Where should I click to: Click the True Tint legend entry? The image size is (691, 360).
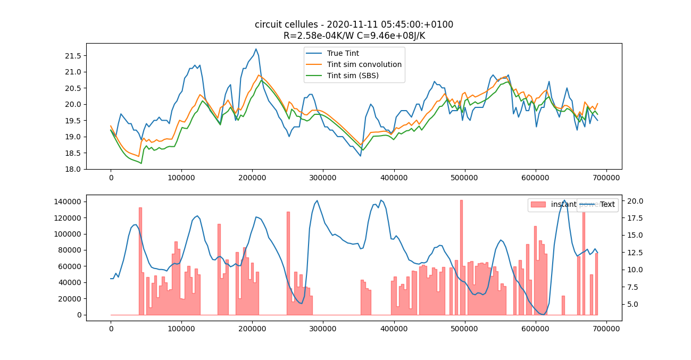pyautogui.click(x=344, y=53)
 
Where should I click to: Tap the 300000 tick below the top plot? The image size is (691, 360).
pyautogui.click(x=323, y=178)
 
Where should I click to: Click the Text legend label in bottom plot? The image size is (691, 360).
pyautogui.click(x=607, y=204)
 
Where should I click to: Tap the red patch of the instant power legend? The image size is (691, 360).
pyautogui.click(x=538, y=204)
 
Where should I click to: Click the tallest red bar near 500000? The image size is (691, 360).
pyautogui.click(x=461, y=255)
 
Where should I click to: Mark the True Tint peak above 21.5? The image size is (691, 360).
pyautogui.click(x=256, y=49)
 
